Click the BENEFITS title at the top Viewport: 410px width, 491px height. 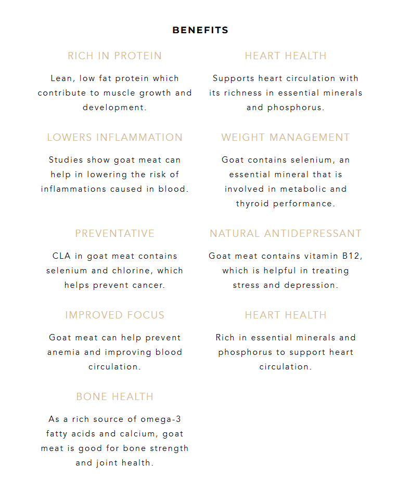200,30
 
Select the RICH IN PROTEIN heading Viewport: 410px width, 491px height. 114,56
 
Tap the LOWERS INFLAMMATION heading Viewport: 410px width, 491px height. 114,137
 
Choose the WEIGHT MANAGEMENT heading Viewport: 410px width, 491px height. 285,137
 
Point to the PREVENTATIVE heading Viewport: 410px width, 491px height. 114,233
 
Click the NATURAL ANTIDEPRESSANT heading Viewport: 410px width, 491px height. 285,233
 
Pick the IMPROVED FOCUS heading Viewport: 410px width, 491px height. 114,315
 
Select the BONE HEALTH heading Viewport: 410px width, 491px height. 114,396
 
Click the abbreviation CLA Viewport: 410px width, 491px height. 61,256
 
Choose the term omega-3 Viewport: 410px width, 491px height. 162,419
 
